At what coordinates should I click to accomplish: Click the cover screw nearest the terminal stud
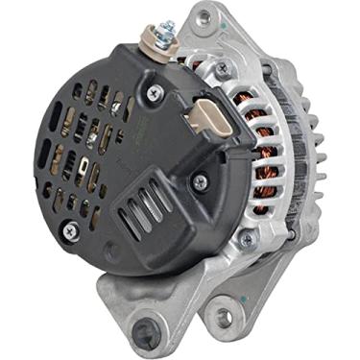(x=155, y=92)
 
